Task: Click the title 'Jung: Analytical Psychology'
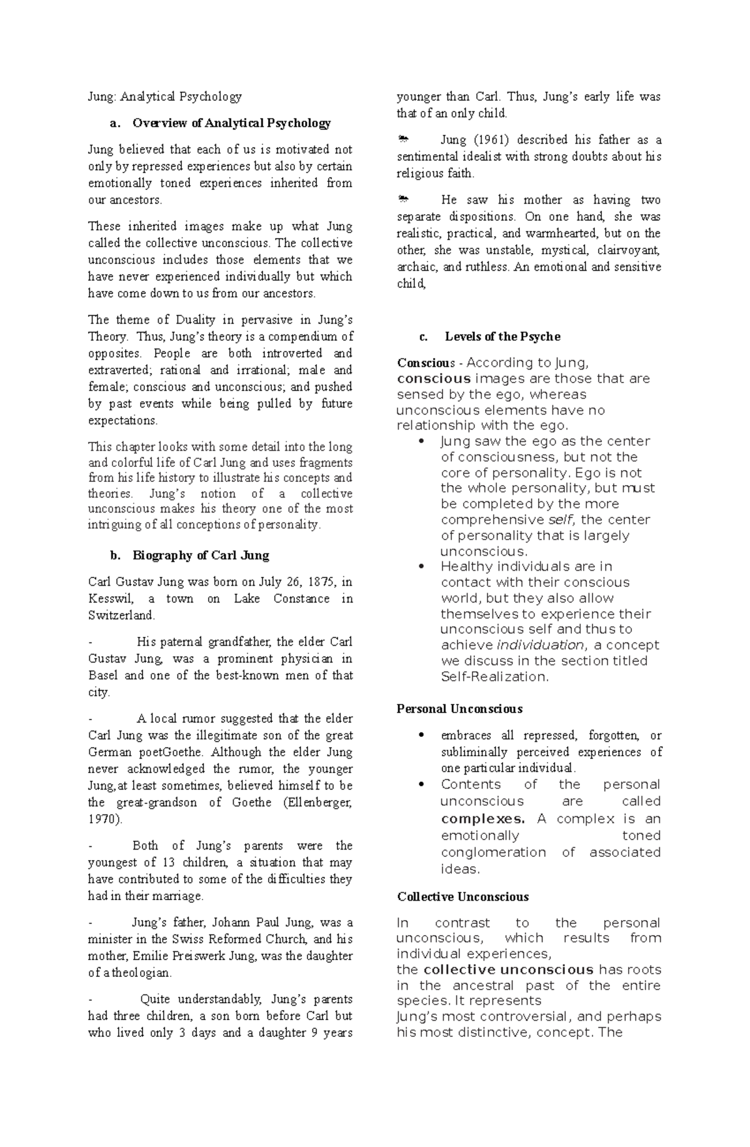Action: click(x=164, y=96)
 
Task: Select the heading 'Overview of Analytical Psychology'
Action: click(x=231, y=123)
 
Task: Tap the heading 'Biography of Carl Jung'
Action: click(x=200, y=556)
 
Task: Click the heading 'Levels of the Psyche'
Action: click(x=502, y=336)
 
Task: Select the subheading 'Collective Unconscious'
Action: click(x=462, y=896)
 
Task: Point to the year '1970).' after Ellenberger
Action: click(x=106, y=819)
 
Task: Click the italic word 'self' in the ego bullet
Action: click(x=561, y=520)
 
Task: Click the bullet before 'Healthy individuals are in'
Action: click(x=424, y=567)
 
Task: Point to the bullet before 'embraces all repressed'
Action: click(x=424, y=736)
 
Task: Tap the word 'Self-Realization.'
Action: click(x=494, y=677)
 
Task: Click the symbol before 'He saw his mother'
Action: click(x=404, y=200)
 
